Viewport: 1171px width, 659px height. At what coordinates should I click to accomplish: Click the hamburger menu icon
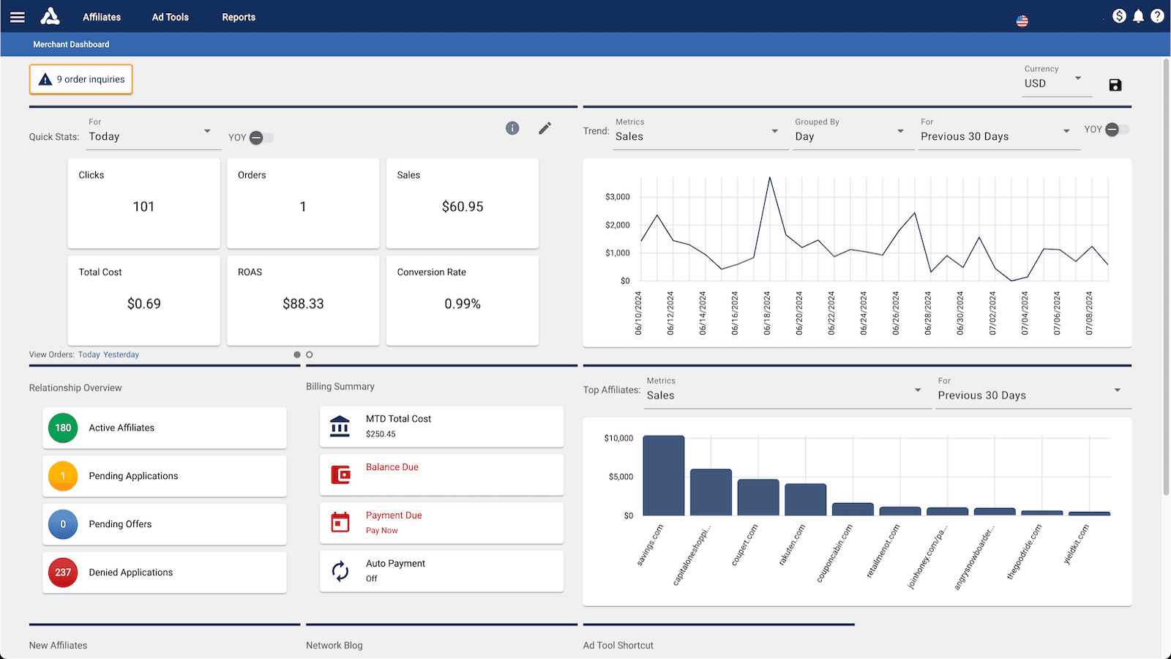tap(18, 17)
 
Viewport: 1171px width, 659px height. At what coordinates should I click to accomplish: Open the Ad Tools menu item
tap(170, 17)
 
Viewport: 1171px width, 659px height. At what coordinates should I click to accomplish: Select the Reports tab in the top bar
tap(239, 17)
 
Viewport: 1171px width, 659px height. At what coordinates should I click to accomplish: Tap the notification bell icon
tap(1138, 16)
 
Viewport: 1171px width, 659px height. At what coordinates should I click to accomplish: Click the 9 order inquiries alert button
tap(81, 79)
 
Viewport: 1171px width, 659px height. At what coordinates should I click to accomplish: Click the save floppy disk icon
tap(1115, 85)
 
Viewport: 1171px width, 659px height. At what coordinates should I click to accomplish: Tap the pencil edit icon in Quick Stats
tap(545, 129)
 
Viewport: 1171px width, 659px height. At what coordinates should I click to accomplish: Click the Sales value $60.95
tap(463, 206)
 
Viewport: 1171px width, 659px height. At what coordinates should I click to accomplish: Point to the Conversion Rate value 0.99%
tap(463, 304)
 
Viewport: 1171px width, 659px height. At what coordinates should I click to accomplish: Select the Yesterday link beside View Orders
tap(121, 354)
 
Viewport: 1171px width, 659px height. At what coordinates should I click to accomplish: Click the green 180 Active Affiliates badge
tap(63, 428)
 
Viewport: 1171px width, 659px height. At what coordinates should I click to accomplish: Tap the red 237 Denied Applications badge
tap(63, 573)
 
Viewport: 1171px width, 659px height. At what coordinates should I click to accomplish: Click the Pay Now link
tap(382, 531)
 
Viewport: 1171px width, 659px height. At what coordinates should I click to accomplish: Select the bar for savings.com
tap(664, 476)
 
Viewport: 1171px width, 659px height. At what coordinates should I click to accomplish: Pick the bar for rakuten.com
tap(805, 499)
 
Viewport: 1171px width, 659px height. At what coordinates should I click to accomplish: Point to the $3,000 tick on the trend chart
tap(618, 197)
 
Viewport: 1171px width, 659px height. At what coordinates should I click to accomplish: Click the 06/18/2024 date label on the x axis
tap(767, 313)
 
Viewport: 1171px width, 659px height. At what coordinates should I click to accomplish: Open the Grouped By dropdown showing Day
tap(850, 136)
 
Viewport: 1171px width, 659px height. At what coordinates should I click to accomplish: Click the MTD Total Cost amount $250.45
tap(381, 434)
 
